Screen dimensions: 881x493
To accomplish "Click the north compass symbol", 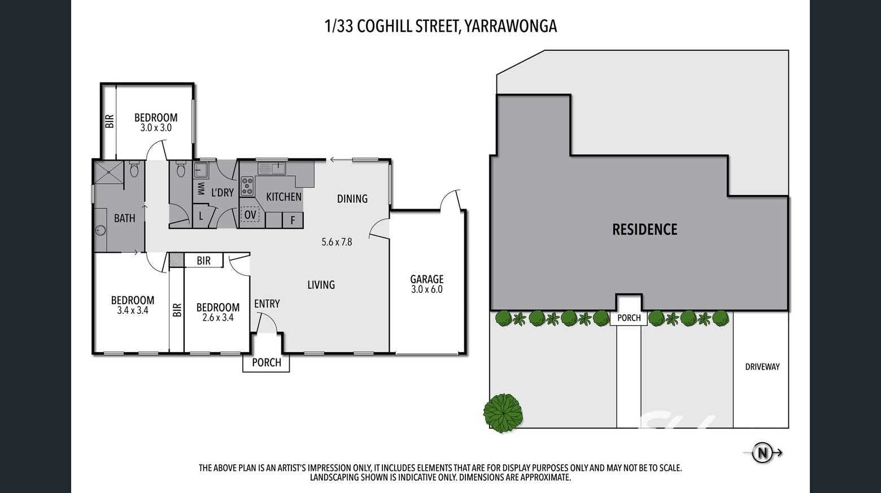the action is point(762,453).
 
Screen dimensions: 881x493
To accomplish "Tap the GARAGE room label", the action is point(427,279).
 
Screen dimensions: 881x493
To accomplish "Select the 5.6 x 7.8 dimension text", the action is point(337,242).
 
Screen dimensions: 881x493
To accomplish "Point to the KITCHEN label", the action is point(284,197).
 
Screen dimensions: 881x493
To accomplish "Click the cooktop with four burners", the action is point(247,186).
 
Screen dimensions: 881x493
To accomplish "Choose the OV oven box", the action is point(250,215).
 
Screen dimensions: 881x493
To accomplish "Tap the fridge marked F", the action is point(293,220).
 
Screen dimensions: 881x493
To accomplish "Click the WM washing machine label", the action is point(200,189).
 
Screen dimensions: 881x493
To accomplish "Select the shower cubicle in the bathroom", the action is point(108,172).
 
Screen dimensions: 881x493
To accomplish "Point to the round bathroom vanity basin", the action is point(101,230).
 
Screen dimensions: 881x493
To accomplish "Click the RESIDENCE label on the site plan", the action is point(644,229).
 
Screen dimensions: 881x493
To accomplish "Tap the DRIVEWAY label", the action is point(762,366).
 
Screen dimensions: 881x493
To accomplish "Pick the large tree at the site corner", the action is point(503,413).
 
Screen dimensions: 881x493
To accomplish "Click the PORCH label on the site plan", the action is point(629,318).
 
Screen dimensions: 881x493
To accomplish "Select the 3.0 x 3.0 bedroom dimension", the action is point(156,128).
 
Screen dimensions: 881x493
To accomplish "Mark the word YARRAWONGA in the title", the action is point(510,27).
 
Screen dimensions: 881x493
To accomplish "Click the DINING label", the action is point(352,199).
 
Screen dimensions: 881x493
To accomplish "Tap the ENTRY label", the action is point(267,304).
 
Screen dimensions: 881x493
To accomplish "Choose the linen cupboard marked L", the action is point(201,216).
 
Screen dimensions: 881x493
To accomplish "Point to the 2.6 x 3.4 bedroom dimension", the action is point(218,317).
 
